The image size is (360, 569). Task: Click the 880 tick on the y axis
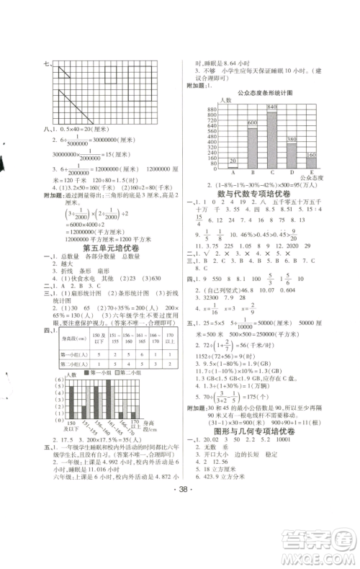pos(212,109)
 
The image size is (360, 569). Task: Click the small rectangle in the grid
pos(112,73)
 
